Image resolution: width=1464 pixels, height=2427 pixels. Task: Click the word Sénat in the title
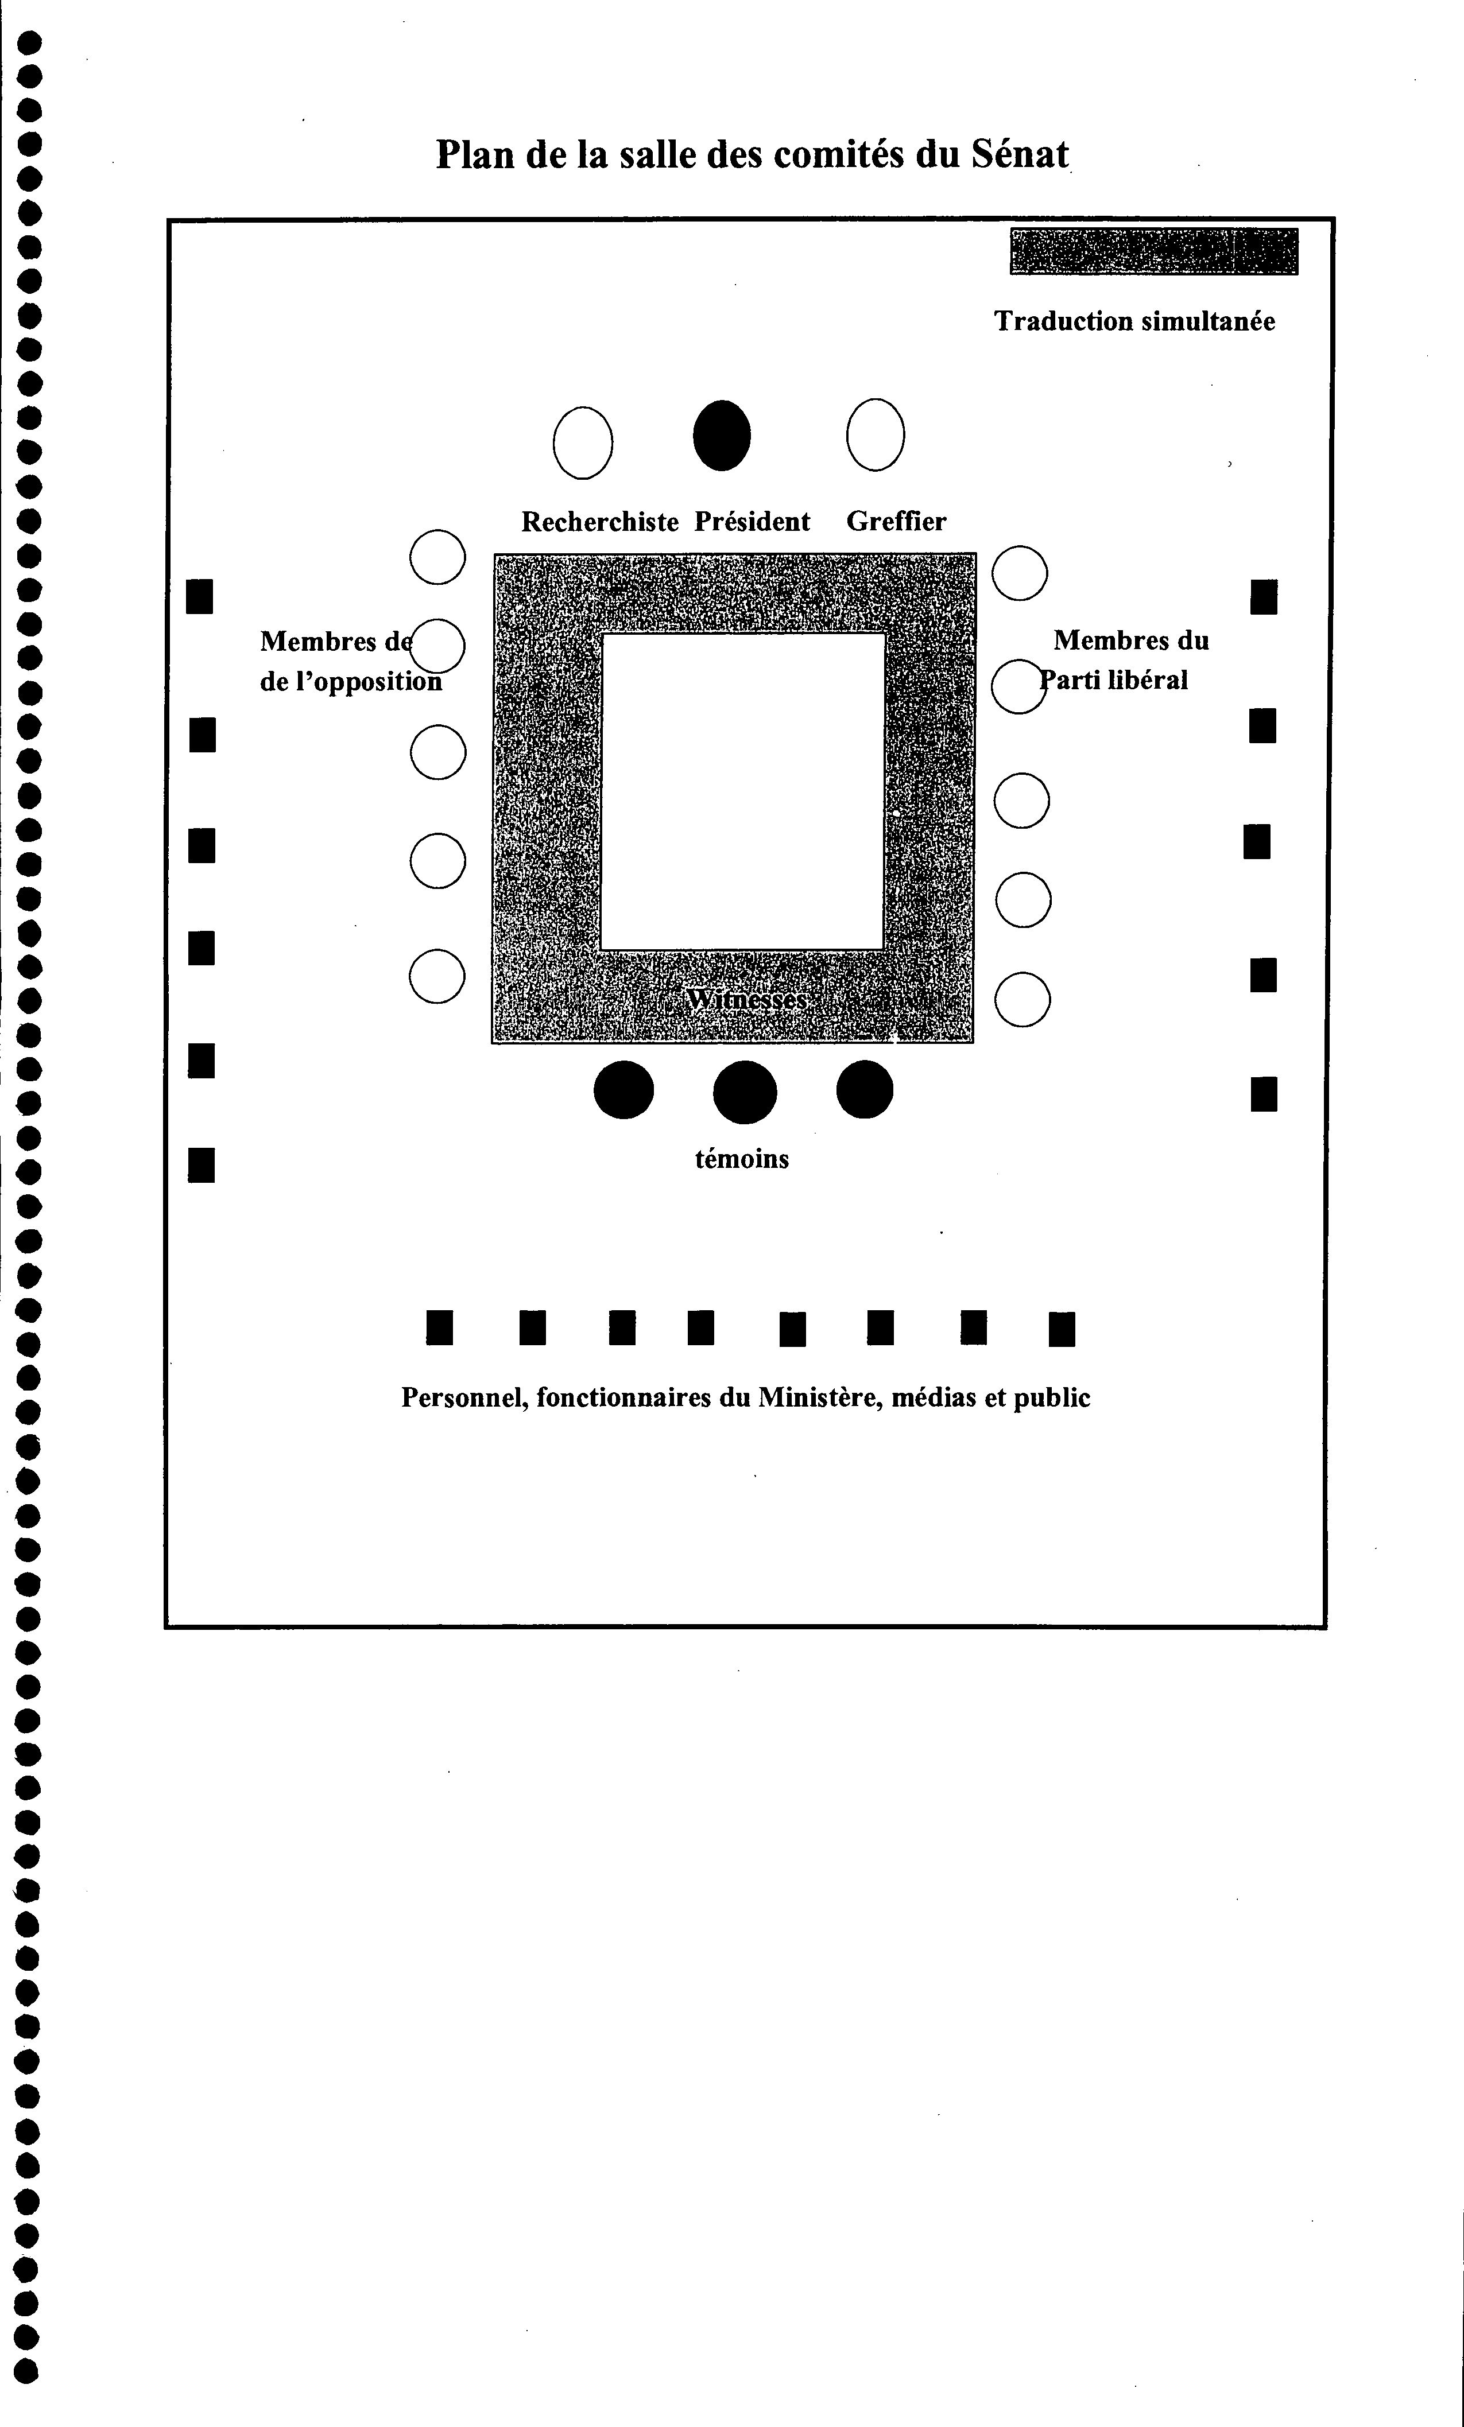(1020, 154)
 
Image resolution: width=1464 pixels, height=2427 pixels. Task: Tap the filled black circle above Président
(722, 436)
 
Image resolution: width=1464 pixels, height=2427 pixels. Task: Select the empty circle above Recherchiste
(583, 443)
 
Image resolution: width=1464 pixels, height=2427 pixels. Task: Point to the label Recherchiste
(600, 522)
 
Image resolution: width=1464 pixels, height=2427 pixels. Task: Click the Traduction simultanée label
(1135, 321)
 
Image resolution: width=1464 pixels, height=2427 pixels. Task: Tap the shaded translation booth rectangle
(1153, 251)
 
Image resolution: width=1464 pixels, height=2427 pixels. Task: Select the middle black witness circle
(745, 1092)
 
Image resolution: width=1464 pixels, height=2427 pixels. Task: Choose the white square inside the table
(743, 791)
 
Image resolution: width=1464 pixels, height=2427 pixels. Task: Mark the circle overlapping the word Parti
(1018, 686)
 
